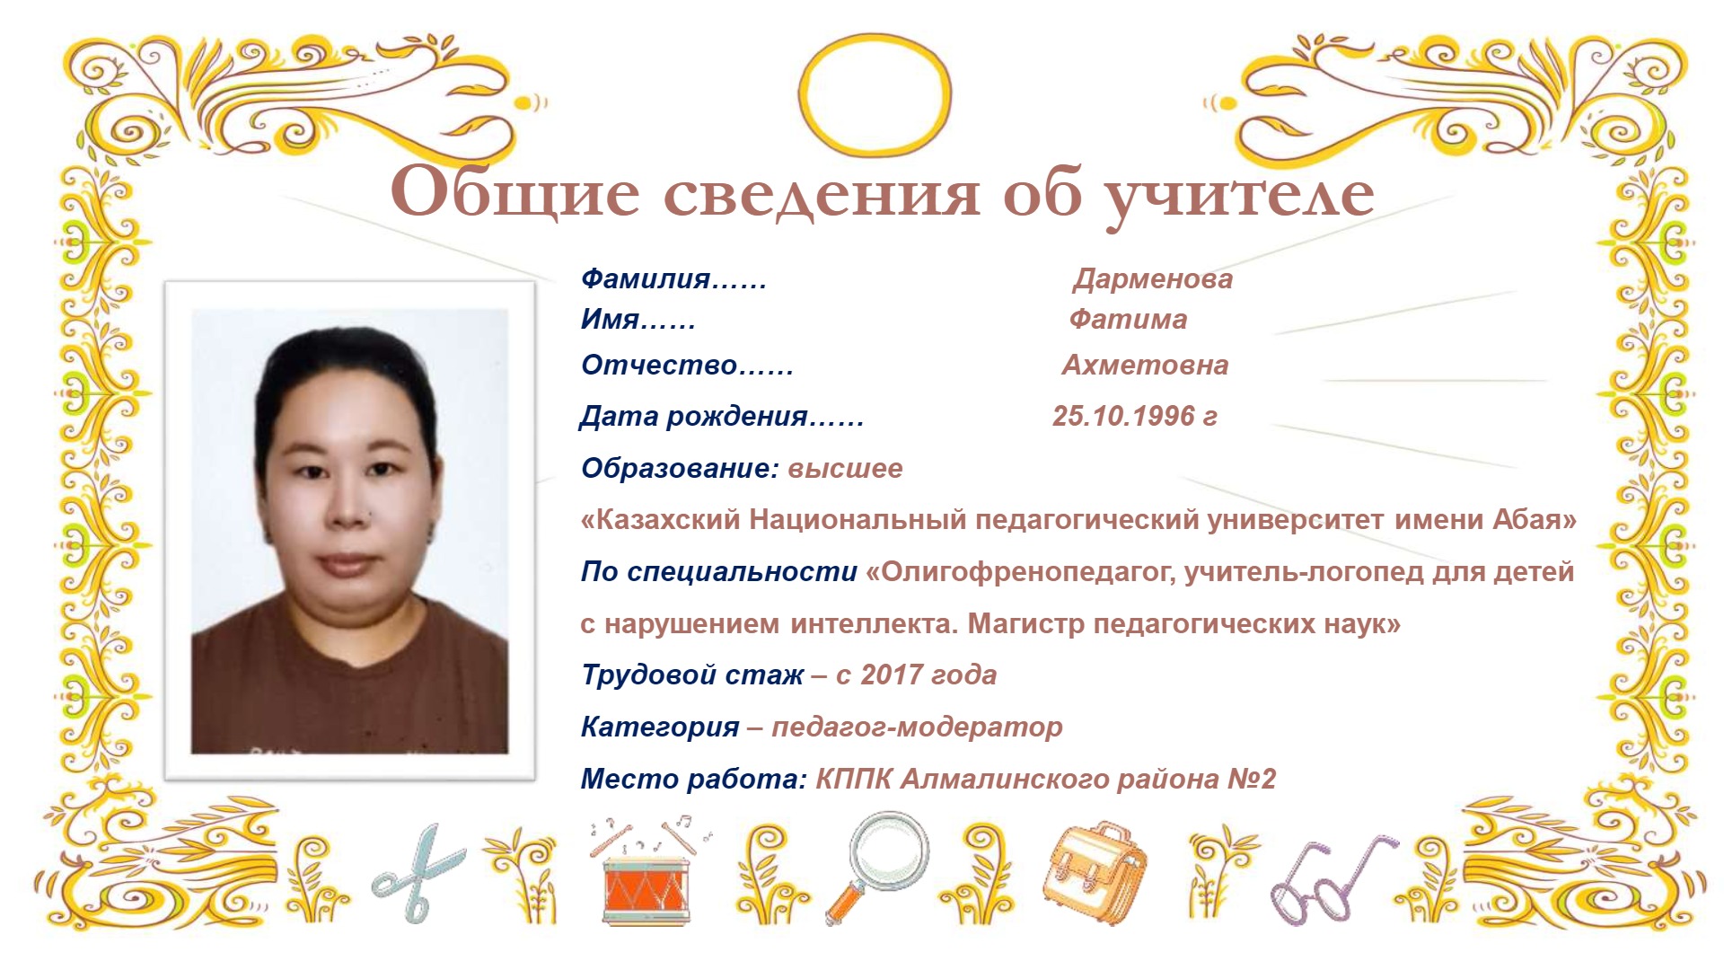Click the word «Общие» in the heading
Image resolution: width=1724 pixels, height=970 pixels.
515,192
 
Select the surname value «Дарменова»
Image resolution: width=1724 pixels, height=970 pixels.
1153,279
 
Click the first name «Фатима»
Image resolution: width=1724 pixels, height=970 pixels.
1128,319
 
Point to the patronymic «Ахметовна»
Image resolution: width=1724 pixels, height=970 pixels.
1145,365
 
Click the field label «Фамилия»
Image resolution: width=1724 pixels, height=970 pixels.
646,279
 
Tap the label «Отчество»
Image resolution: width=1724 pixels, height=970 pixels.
659,365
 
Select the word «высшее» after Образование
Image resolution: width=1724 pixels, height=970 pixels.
846,468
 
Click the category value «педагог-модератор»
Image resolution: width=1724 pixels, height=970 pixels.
917,727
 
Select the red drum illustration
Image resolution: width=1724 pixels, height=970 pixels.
646,888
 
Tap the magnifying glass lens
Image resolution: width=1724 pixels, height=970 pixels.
889,851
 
